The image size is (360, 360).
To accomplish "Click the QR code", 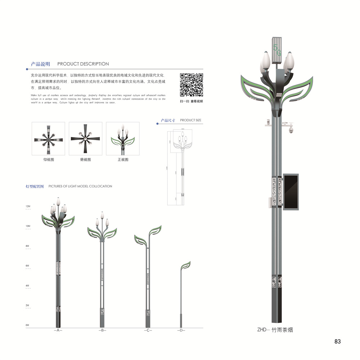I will coord(192,85).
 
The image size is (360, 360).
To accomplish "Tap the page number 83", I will coord(337,342).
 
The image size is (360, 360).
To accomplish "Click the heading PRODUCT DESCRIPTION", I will coord(83,64).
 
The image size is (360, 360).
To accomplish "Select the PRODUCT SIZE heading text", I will coord(190,120).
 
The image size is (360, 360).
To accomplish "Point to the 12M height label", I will coord(28,206).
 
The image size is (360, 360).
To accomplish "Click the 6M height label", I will coord(28,266).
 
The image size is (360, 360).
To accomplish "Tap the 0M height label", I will coord(27,325).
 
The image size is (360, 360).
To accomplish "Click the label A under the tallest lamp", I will coord(58,330).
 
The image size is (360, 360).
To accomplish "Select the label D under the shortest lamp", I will coord(181,330).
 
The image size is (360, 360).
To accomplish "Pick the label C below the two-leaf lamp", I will coord(148,330).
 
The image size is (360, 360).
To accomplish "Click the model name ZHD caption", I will coord(275,329).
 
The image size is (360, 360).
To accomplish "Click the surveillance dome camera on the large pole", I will coord(291,129).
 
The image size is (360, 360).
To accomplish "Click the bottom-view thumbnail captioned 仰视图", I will coord(48,139).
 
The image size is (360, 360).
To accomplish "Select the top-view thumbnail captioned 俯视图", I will coord(85,139).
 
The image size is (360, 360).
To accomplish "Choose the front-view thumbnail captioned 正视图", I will coord(123,139).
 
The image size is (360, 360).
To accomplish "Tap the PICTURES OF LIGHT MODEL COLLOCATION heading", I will coord(80,186).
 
